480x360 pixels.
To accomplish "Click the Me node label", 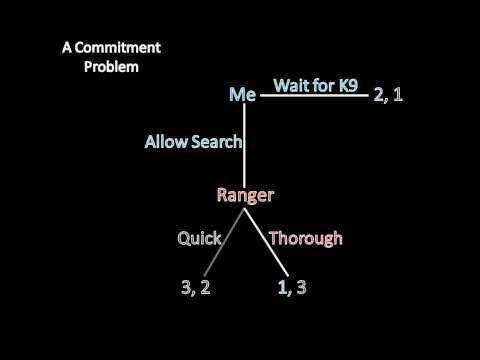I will (x=243, y=95).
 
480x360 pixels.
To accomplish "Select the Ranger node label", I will (x=245, y=195).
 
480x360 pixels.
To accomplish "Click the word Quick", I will (x=198, y=238).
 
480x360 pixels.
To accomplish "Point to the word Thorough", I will (x=306, y=238).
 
